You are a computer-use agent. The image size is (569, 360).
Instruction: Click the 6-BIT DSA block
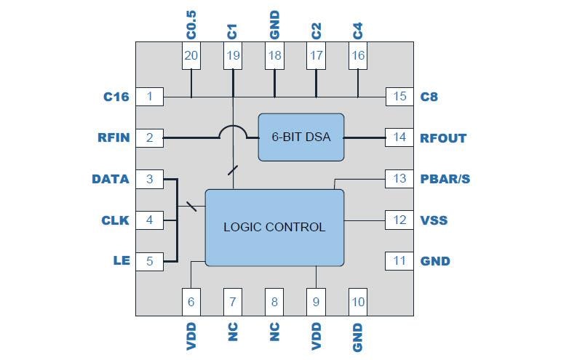click(x=301, y=137)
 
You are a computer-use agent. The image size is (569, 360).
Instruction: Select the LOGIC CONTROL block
click(x=274, y=227)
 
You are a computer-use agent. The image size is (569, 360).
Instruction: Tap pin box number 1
click(x=150, y=96)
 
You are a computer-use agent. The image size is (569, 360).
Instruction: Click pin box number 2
click(x=150, y=137)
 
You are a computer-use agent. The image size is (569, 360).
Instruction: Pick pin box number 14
click(x=399, y=137)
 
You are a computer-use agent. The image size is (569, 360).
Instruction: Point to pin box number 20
click(x=191, y=55)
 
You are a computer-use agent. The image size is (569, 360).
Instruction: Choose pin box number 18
click(x=274, y=55)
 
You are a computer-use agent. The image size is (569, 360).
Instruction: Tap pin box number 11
click(x=399, y=261)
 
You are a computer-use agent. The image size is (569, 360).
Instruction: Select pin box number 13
click(x=399, y=179)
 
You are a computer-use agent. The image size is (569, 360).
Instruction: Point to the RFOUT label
click(x=443, y=137)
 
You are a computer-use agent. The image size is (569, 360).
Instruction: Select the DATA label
click(x=111, y=179)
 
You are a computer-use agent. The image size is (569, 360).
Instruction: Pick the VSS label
click(x=434, y=220)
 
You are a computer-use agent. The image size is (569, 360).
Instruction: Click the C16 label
click(x=117, y=96)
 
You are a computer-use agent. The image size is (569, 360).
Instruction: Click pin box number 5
click(x=150, y=261)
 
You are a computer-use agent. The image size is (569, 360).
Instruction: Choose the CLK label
click(x=115, y=220)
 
